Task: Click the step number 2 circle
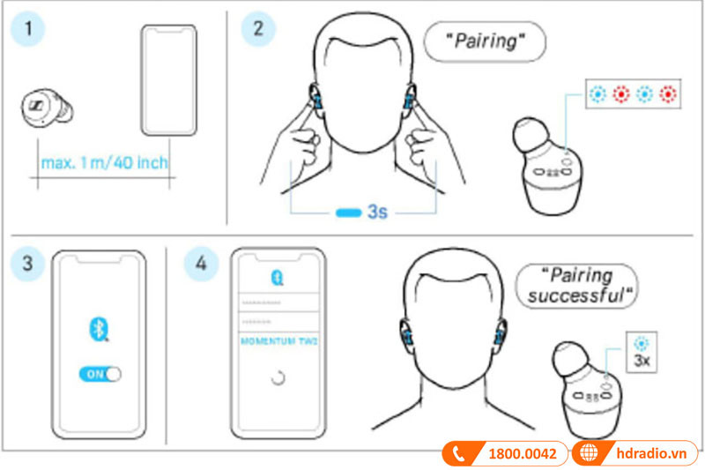[x=257, y=28]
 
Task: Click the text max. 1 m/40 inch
[x=104, y=162]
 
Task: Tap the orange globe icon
[x=586, y=454]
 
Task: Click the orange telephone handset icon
[x=458, y=454]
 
